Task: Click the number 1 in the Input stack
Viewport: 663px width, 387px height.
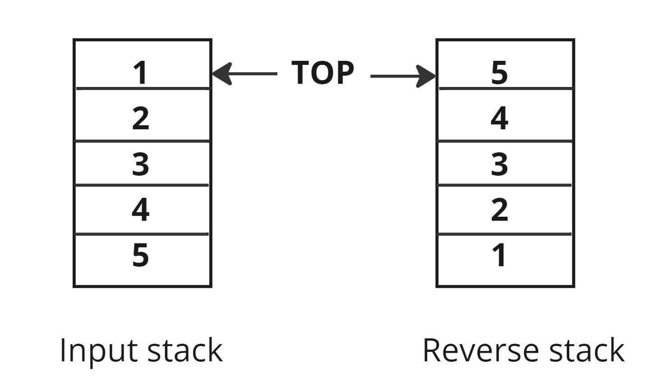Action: (x=141, y=73)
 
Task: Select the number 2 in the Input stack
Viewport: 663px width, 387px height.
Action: (x=141, y=118)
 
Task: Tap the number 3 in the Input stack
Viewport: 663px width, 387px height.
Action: (x=141, y=164)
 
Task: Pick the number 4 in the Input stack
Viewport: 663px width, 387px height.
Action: (x=141, y=209)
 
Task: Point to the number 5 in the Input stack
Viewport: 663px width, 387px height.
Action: (x=141, y=255)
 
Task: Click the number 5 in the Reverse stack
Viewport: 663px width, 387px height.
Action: (x=499, y=73)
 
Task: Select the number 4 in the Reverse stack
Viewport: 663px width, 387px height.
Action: (x=499, y=118)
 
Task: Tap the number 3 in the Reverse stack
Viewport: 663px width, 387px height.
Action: (x=499, y=164)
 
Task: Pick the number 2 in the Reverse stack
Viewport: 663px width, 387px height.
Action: (x=499, y=209)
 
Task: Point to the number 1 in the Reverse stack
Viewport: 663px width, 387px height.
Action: (x=499, y=255)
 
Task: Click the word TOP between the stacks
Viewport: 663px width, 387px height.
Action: (x=323, y=73)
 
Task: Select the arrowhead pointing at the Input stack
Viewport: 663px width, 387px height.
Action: (x=221, y=73)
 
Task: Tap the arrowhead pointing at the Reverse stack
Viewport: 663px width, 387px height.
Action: (x=426, y=76)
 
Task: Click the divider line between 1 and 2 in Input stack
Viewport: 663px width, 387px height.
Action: (x=143, y=89)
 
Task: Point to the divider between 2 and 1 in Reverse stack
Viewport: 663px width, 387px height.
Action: (x=505, y=234)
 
